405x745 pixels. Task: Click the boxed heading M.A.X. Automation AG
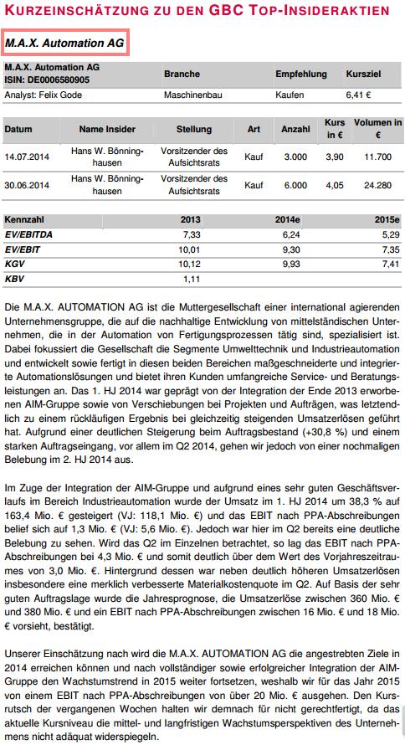click(x=64, y=41)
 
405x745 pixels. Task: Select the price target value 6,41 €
click(x=359, y=95)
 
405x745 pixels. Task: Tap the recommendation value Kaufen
click(x=290, y=95)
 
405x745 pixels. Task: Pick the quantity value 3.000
click(x=295, y=157)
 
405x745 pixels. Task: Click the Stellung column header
click(x=194, y=130)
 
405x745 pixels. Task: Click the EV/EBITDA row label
click(x=28, y=235)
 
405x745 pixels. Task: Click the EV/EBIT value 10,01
click(x=190, y=249)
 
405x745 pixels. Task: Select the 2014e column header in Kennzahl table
click(x=287, y=219)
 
